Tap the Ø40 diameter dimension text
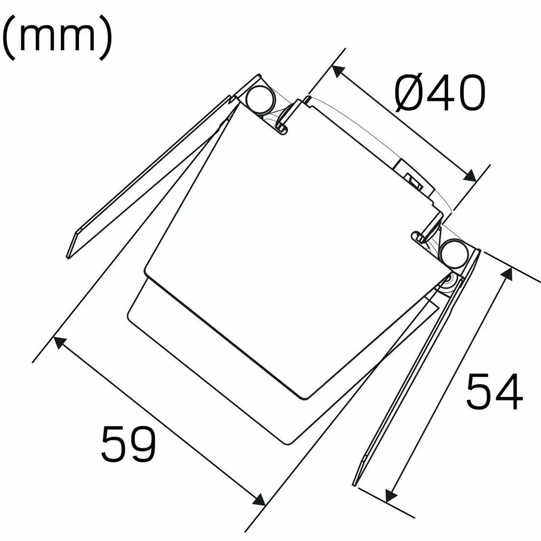pyautogui.click(x=440, y=93)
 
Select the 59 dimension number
pyautogui.click(x=128, y=444)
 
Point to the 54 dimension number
pyautogui.click(x=494, y=391)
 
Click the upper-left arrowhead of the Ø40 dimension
pyautogui.click(x=337, y=72)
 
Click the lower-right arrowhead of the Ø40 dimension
pyautogui.click(x=470, y=176)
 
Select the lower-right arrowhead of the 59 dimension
pyautogui.click(x=259, y=499)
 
